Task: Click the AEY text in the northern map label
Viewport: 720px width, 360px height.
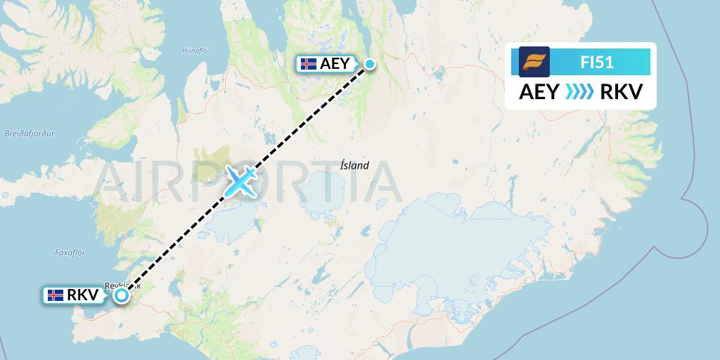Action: point(334,64)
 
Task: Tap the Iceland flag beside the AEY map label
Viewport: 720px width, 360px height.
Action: point(308,64)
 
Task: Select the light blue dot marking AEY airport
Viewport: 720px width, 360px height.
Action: point(369,65)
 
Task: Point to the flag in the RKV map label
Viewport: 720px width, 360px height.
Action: point(55,295)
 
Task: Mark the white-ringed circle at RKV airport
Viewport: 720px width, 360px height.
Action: point(122,295)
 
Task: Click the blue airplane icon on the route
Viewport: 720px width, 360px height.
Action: point(240,181)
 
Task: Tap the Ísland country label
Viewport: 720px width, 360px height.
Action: point(354,166)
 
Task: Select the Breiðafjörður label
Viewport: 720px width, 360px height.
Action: point(24,132)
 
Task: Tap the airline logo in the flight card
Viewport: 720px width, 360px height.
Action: point(534,62)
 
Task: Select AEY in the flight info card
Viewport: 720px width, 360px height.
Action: point(539,91)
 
